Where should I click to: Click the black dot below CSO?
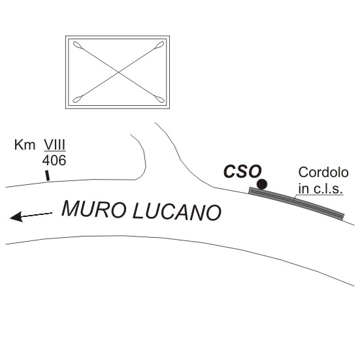pos(262,184)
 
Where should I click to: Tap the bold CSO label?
pos(242,171)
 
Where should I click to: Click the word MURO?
pos(94,209)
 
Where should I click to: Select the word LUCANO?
pos(177,212)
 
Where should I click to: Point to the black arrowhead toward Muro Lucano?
pos(16,217)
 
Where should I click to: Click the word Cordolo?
pos(323,172)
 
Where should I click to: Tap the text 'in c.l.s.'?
pos(321,189)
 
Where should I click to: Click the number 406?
pos(54,160)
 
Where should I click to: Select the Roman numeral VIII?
pos(55,144)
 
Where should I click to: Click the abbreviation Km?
pos(25,145)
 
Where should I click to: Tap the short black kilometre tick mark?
pos(47,175)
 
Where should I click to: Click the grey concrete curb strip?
pos(297,203)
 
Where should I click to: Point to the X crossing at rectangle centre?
pos(118,72)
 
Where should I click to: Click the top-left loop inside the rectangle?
pos(78,45)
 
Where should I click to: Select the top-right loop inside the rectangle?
pos(159,44)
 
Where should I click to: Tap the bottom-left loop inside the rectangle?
pos(78,99)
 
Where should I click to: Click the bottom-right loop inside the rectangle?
pos(159,99)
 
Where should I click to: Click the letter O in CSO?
pos(254,171)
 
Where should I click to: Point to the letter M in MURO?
pos(70,208)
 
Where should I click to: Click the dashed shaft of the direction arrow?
pos(37,215)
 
